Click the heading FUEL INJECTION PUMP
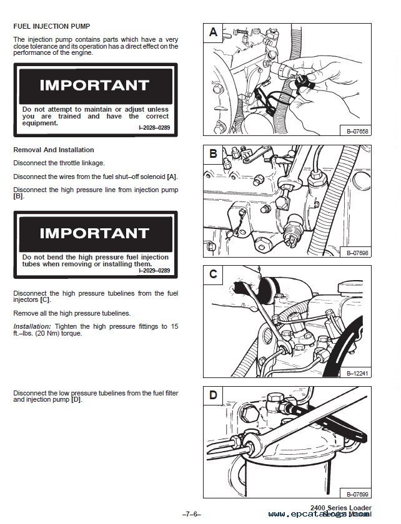click(52, 26)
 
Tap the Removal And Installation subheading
click(54, 150)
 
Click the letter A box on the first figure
click(214, 32)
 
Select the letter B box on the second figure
click(214, 153)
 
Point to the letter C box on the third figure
click(214, 274)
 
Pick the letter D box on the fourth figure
click(214, 395)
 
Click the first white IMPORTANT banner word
click(94, 85)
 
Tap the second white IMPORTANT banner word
click(94, 233)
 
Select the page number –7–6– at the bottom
click(191, 515)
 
